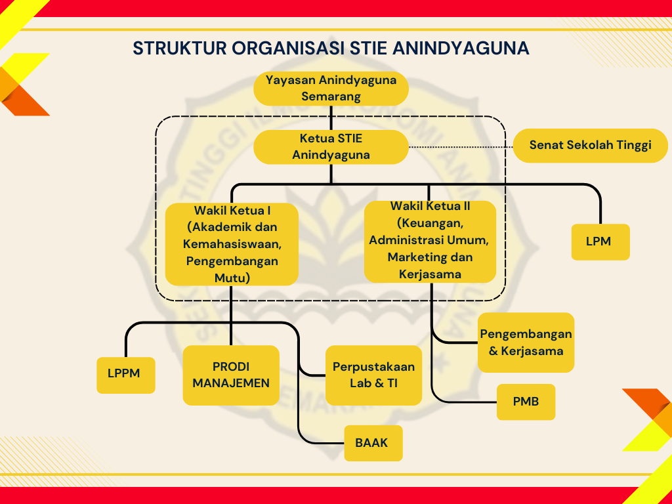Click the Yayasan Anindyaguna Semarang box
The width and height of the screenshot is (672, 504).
pyautogui.click(x=331, y=88)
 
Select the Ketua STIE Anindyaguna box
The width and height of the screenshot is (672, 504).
pyautogui.click(x=331, y=147)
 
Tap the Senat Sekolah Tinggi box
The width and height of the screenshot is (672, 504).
pyautogui.click(x=589, y=145)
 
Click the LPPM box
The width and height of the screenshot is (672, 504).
pyautogui.click(x=126, y=375)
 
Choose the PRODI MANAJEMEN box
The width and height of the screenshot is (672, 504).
pyautogui.click(x=231, y=375)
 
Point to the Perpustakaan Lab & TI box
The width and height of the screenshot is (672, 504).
pyautogui.click(x=373, y=375)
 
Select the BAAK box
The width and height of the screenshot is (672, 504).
pyautogui.click(x=373, y=443)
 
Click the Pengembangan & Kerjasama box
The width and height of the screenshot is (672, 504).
pyautogui.click(x=526, y=342)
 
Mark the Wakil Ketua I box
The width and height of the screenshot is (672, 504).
pyautogui.click(x=232, y=243)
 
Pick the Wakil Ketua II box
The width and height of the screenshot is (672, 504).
pyautogui.click(x=430, y=241)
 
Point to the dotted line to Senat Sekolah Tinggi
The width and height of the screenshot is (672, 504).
pyautogui.click(x=459, y=147)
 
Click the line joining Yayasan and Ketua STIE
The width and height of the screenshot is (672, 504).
pyautogui.click(x=331, y=117)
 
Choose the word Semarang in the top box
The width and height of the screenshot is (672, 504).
pyautogui.click(x=331, y=96)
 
